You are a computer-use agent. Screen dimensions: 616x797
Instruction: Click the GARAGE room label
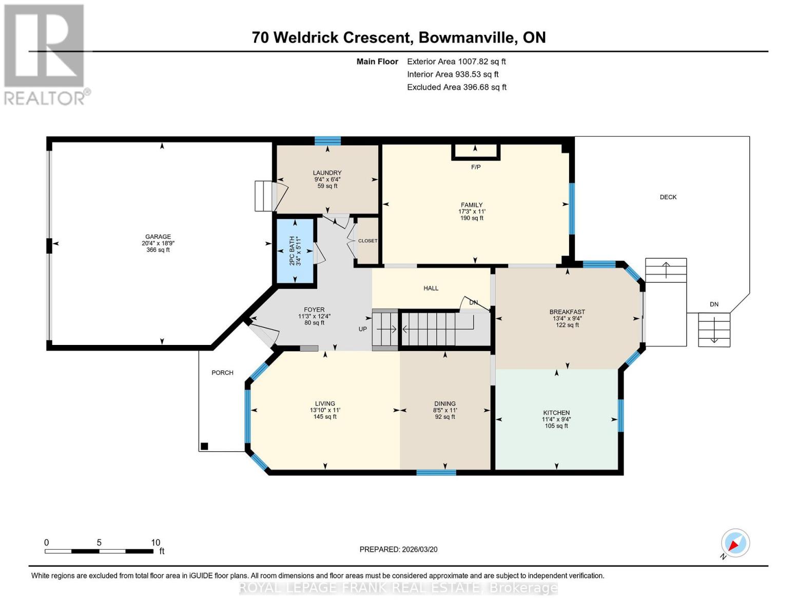(x=158, y=237)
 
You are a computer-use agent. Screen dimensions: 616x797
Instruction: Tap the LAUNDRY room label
(x=327, y=173)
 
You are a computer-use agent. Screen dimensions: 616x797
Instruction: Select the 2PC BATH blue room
(x=296, y=251)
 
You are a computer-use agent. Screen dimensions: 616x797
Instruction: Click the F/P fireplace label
(x=476, y=167)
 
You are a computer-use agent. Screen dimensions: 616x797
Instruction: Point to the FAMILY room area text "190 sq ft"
(x=472, y=218)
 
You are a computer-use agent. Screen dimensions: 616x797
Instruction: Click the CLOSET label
(x=367, y=241)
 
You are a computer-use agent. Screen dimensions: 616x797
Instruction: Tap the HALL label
(x=431, y=288)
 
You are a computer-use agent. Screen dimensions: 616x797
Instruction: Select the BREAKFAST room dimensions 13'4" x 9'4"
(x=567, y=318)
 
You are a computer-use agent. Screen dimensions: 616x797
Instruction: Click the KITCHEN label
(x=556, y=413)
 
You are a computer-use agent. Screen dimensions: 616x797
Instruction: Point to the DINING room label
(x=444, y=403)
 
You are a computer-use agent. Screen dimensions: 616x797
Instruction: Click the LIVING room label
(x=325, y=403)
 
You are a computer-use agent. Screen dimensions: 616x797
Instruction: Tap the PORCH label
(x=222, y=373)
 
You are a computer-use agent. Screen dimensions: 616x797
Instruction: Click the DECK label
(x=668, y=197)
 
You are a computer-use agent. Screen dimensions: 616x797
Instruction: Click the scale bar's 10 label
(x=155, y=543)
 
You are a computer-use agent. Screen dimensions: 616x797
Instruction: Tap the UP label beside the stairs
(x=362, y=329)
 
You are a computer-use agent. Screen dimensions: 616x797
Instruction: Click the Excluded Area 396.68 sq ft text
(x=456, y=87)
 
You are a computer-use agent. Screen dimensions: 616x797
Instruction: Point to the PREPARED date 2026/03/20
(x=398, y=549)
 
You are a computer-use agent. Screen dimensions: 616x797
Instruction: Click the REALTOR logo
(x=45, y=54)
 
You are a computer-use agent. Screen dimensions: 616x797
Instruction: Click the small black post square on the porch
(x=204, y=446)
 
